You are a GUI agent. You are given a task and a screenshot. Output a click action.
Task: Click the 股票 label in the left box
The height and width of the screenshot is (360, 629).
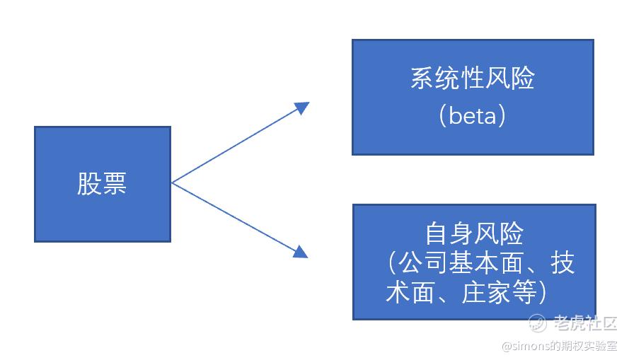[x=102, y=184]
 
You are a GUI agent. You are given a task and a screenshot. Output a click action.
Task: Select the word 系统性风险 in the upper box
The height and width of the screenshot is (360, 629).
[x=473, y=78]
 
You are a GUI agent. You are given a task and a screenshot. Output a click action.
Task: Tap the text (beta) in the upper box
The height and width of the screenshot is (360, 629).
[x=473, y=115]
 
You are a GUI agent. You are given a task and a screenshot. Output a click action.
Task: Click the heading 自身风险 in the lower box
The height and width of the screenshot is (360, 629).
[x=474, y=233]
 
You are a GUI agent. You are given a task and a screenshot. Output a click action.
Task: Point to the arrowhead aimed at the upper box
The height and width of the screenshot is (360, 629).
[x=302, y=107]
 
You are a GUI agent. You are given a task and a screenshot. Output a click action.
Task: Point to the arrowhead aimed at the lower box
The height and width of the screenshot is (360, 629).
[x=301, y=252]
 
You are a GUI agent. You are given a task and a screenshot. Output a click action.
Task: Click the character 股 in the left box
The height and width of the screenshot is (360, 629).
[x=89, y=184]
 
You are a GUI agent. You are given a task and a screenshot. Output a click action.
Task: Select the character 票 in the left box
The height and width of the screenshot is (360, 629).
[x=115, y=184]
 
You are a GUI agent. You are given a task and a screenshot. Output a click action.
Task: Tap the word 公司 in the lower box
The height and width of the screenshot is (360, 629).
[x=422, y=262]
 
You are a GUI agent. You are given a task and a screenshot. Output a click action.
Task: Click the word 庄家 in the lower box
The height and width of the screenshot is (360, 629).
[x=486, y=292]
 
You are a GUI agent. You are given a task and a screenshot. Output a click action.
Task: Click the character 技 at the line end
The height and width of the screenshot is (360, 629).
[x=562, y=262]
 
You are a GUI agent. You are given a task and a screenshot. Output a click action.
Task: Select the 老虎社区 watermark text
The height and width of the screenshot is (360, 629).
[x=585, y=323]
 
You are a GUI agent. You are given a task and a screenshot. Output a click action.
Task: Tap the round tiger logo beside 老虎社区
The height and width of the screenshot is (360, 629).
[x=538, y=323]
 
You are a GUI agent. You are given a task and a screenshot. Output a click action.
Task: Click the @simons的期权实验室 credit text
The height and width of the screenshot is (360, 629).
[x=560, y=346]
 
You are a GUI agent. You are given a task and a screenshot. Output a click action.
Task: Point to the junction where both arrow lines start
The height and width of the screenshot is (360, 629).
[x=172, y=183]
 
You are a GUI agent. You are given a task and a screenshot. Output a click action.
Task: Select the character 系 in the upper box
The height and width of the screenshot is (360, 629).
[x=422, y=78]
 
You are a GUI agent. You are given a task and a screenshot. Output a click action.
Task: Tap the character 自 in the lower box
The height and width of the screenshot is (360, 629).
[x=437, y=233]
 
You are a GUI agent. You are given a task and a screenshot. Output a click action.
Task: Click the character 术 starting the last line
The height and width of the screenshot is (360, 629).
[x=398, y=292]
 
